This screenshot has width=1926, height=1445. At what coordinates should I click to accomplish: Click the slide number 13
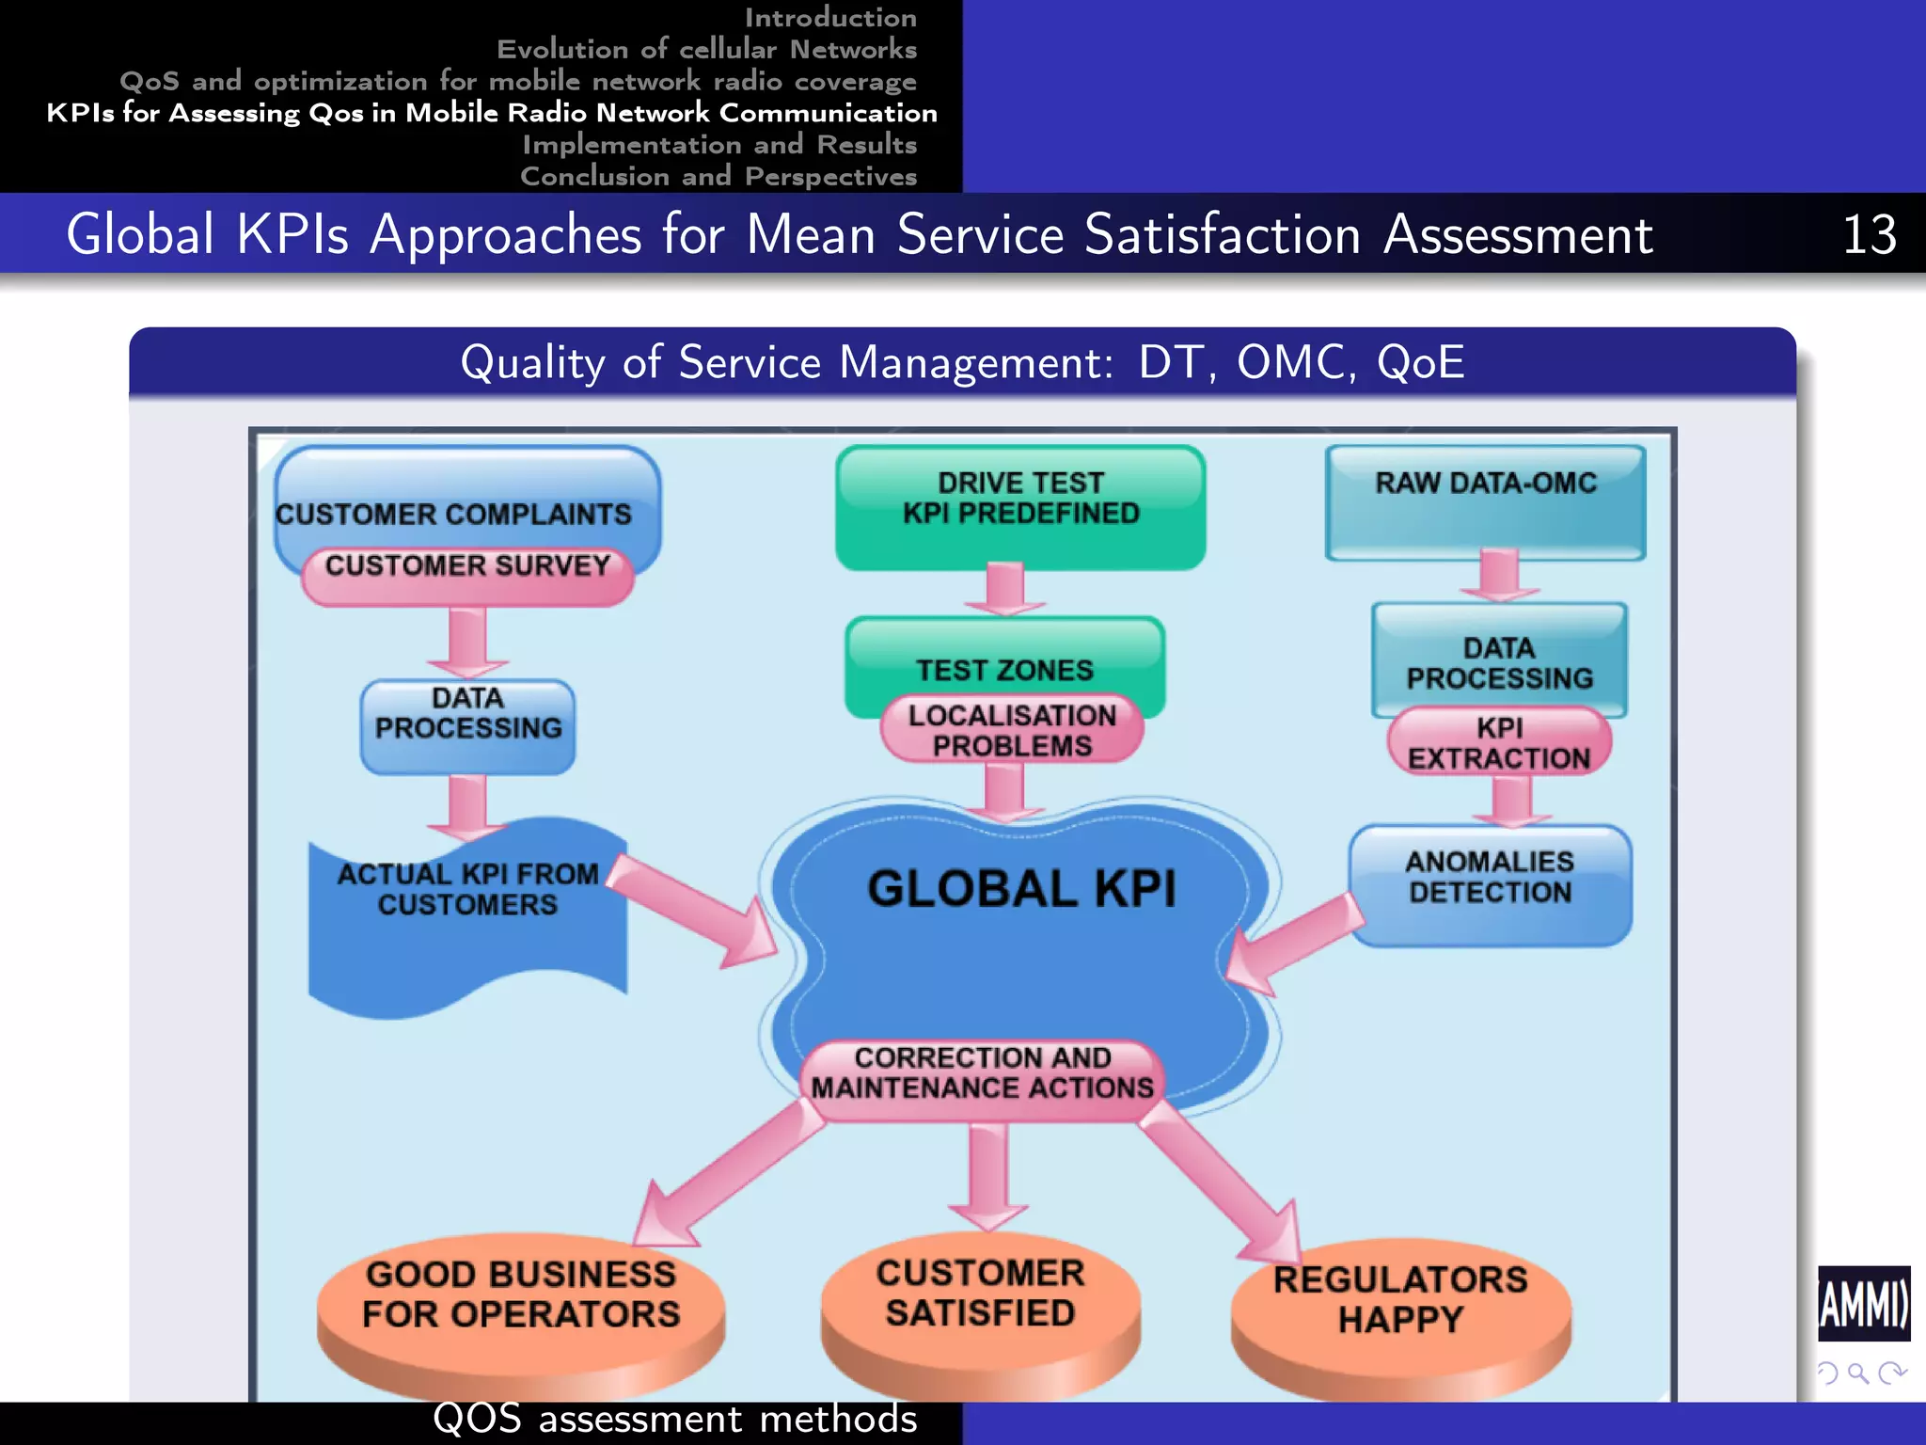click(1868, 234)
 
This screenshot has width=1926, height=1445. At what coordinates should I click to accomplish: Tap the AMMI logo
click(1863, 1304)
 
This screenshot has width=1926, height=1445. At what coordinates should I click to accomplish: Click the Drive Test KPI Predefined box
click(1020, 507)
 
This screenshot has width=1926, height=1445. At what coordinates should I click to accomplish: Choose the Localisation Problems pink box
click(1012, 731)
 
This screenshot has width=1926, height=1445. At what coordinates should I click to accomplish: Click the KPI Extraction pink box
click(1498, 743)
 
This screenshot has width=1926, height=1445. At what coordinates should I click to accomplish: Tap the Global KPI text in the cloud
click(1021, 889)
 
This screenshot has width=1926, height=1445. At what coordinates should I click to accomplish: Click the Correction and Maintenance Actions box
click(982, 1073)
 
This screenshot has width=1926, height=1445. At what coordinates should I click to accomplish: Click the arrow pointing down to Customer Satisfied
click(987, 1176)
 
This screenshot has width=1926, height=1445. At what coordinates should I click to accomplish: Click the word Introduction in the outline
click(830, 17)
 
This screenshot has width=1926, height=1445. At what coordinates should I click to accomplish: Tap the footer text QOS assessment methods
click(674, 1420)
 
